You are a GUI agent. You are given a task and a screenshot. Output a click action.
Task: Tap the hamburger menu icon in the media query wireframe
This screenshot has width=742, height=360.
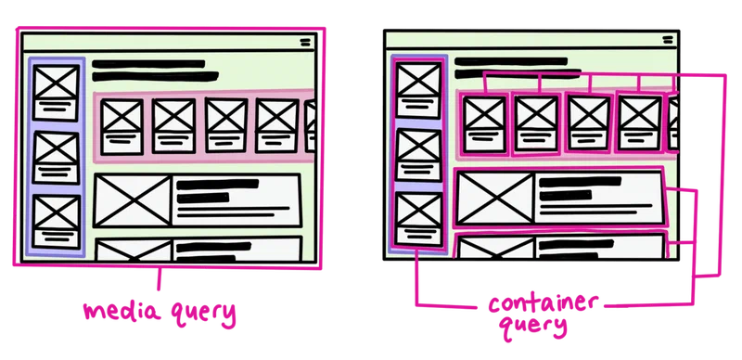click(307, 43)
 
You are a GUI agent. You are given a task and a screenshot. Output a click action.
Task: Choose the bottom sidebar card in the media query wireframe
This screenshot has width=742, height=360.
click(57, 220)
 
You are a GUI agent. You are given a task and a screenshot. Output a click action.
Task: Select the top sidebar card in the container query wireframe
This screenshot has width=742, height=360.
click(418, 88)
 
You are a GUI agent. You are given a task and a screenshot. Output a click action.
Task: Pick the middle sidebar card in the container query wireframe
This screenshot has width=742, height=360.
click(418, 153)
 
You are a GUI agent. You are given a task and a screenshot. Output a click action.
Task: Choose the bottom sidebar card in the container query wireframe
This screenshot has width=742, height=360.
click(418, 219)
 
